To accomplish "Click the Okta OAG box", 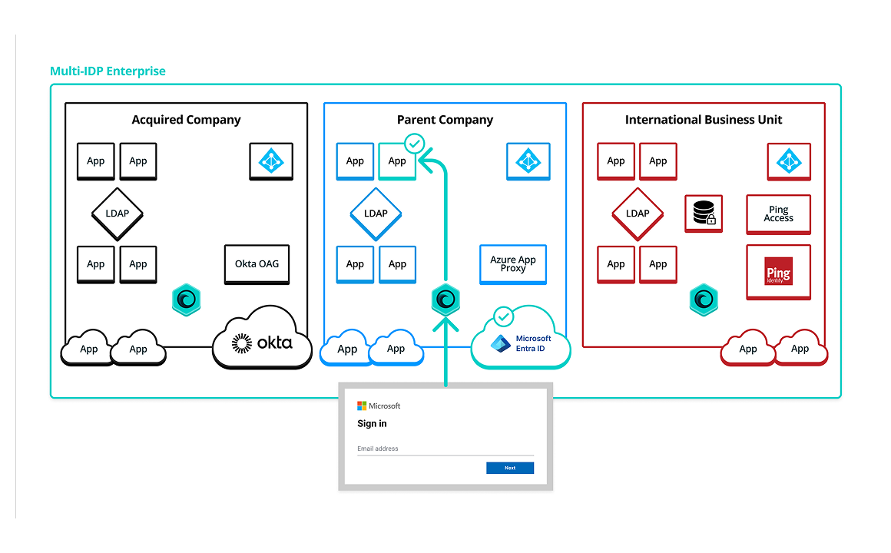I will [257, 264].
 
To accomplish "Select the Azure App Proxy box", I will [513, 264].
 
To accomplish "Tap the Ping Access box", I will [778, 214].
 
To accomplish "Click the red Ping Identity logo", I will [778, 272].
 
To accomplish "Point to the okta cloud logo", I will [263, 343].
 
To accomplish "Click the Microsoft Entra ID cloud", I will [522, 343].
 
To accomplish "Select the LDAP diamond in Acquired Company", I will [117, 214].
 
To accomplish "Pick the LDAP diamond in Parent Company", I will [376, 214].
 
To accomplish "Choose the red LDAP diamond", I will [638, 214].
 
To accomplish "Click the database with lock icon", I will [704, 214].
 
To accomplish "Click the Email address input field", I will [445, 449].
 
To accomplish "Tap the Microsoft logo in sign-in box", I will [362, 406].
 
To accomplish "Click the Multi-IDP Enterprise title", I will [108, 71].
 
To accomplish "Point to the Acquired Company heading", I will [186, 120].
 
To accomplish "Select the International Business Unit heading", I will [704, 120].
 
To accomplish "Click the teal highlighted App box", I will [397, 161].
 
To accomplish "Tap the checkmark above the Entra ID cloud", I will [504, 315].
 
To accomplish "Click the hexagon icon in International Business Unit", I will [704, 300].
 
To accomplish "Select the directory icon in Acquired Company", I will [271, 161].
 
